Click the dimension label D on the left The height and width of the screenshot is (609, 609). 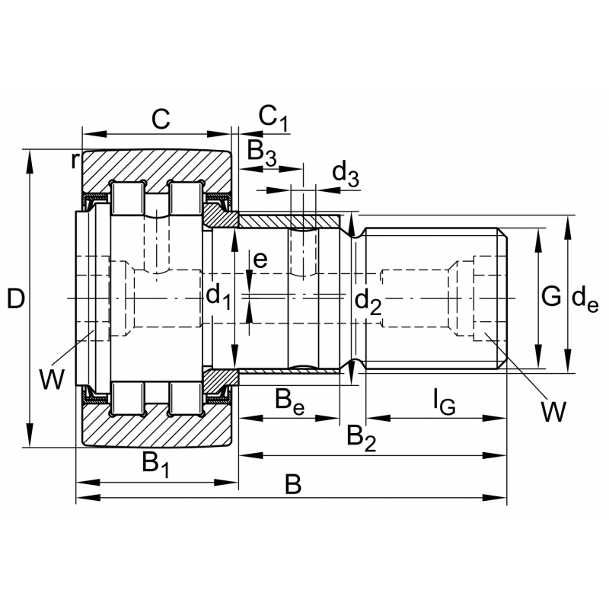click(x=15, y=298)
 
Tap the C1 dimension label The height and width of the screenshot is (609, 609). click(x=273, y=117)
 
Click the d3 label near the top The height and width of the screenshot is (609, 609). click(x=346, y=174)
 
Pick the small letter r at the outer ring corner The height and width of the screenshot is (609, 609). click(x=75, y=160)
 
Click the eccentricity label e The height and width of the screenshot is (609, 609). click(x=260, y=260)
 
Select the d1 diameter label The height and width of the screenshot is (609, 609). click(x=218, y=297)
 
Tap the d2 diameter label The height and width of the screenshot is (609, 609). click(x=368, y=302)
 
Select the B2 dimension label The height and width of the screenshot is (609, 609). click(x=361, y=438)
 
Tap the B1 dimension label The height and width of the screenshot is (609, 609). click(x=155, y=464)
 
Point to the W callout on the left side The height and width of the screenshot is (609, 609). click(x=52, y=378)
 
